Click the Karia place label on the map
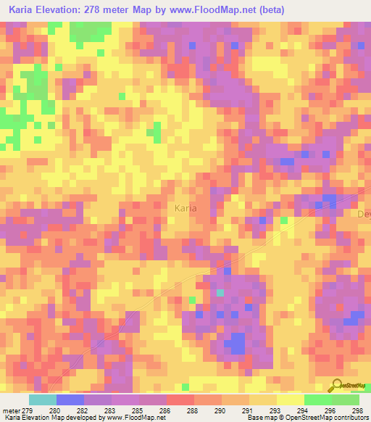click(186, 208)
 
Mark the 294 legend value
click(304, 410)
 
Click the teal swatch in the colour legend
click(43, 400)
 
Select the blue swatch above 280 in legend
click(70, 400)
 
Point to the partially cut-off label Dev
click(364, 214)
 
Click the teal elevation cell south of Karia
click(220, 293)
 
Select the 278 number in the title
click(99, 10)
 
